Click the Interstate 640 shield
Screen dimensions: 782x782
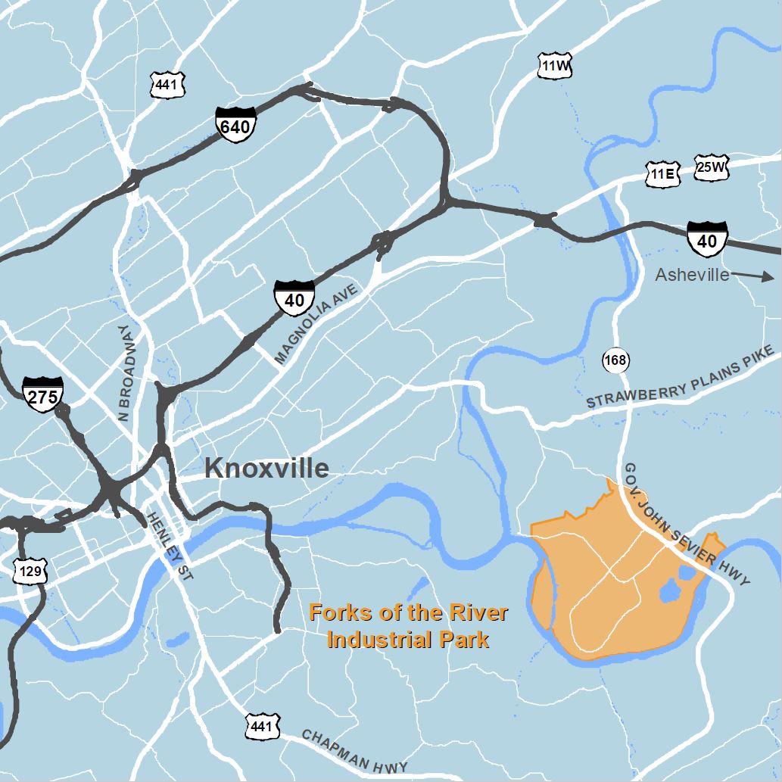pos(235,126)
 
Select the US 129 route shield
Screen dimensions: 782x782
pos(30,571)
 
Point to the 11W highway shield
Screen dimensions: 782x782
pos(554,67)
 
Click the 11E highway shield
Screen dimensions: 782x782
pos(663,174)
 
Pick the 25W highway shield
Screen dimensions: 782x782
pos(712,167)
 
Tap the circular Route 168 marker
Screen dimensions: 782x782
pos(616,360)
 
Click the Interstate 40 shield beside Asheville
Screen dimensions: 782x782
pos(707,238)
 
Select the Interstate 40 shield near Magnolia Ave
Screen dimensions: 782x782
pos(294,297)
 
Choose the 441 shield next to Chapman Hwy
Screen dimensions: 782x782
pos(262,727)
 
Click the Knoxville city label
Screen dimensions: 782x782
pos(266,469)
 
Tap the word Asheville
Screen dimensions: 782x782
pos(692,275)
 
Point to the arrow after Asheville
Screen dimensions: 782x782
pos(755,276)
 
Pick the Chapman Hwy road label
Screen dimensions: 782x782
pos(354,752)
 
